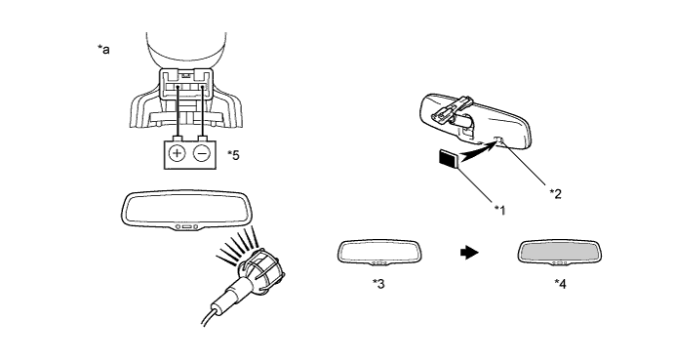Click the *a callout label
(x=103, y=50)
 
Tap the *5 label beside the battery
(x=233, y=155)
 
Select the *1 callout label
(x=499, y=210)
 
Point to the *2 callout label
(x=556, y=193)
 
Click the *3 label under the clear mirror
(x=378, y=284)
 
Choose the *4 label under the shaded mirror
(x=560, y=284)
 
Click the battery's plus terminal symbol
(x=178, y=153)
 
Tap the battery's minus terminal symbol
(x=202, y=153)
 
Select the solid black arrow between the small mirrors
(x=469, y=253)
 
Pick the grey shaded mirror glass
(x=559, y=251)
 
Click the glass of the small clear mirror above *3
(x=379, y=251)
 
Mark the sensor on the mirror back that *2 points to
(x=498, y=140)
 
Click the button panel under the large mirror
(x=185, y=227)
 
